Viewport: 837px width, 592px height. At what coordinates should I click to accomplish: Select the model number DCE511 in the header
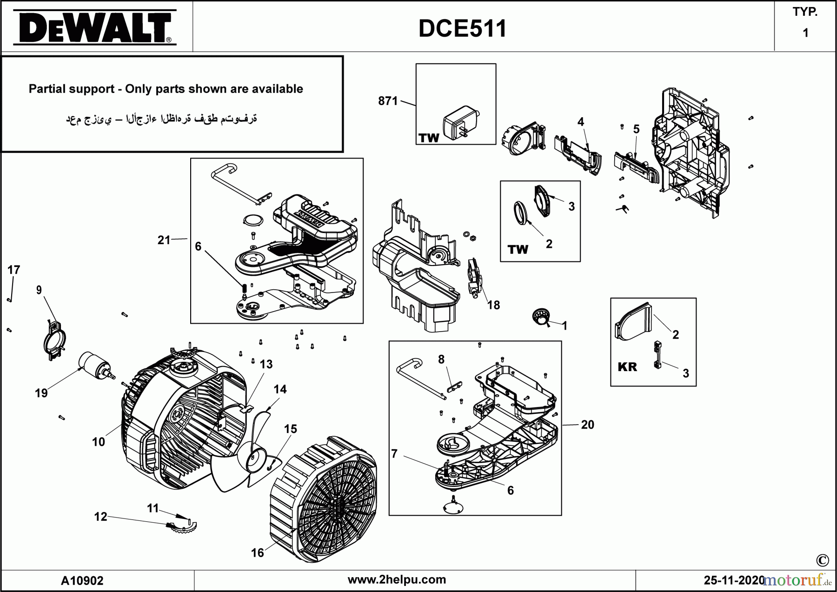pos(462,29)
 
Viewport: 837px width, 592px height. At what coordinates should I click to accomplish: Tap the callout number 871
pos(388,101)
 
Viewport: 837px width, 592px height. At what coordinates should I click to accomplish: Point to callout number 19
pos(41,393)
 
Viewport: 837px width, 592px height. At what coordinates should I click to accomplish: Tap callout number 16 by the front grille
pos(258,552)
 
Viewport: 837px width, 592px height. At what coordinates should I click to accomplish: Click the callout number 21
pos(164,240)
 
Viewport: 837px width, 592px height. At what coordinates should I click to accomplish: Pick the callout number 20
pos(587,425)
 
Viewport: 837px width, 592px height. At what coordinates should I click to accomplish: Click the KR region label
pos(627,367)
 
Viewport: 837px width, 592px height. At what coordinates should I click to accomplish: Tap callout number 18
pos(493,305)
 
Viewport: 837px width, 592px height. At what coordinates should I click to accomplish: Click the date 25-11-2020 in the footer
pos(734,580)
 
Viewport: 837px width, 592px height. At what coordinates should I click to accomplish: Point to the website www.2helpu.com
pos(397,579)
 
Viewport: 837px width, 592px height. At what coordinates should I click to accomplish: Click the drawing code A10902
pos(82,580)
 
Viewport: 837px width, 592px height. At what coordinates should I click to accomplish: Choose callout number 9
pos(39,290)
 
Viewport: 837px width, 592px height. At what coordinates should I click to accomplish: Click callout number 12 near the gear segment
pos(100,517)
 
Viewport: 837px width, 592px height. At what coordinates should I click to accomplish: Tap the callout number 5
pos(636,129)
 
